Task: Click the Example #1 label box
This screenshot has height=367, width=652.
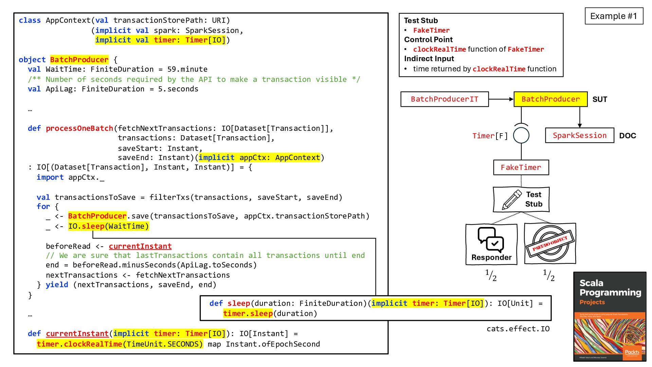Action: click(614, 16)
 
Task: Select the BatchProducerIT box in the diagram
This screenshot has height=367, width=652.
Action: click(445, 99)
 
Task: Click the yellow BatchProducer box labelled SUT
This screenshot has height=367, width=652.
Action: click(550, 99)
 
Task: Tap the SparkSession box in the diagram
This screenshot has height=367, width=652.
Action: click(580, 135)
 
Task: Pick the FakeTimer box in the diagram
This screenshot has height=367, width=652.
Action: click(521, 168)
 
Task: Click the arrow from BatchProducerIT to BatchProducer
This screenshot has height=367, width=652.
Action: click(501, 99)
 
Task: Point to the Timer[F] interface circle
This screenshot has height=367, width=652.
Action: click(521, 135)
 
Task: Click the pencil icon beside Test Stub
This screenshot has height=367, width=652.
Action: click(512, 199)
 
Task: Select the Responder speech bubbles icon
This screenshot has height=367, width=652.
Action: click(491, 240)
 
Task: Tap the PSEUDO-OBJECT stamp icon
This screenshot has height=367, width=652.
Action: click(550, 244)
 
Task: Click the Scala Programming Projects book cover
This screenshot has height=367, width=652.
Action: click(610, 316)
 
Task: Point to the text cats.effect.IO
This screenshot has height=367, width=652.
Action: click(518, 329)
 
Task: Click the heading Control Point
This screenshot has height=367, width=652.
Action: click(428, 39)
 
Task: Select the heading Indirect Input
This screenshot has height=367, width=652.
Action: click(429, 58)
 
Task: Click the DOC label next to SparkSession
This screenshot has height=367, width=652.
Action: click(628, 136)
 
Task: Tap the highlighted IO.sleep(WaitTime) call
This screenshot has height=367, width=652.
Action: click(109, 226)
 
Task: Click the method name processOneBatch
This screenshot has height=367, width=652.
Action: click(79, 128)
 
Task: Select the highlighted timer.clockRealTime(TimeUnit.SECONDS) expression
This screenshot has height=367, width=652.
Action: click(120, 344)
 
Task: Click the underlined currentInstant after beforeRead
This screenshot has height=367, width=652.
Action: click(140, 246)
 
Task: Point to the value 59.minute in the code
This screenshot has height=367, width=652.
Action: click(187, 69)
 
